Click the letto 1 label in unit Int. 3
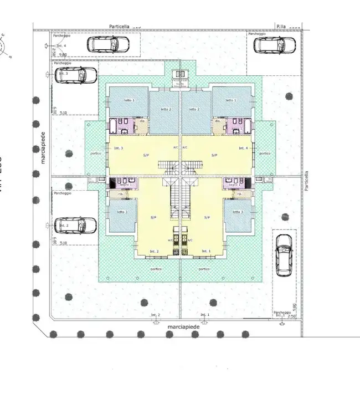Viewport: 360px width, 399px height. [128, 100]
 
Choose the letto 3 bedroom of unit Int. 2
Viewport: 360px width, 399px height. [122, 215]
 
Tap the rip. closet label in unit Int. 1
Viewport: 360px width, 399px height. [239, 194]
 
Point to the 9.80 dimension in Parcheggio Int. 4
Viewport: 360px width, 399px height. [63, 54]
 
